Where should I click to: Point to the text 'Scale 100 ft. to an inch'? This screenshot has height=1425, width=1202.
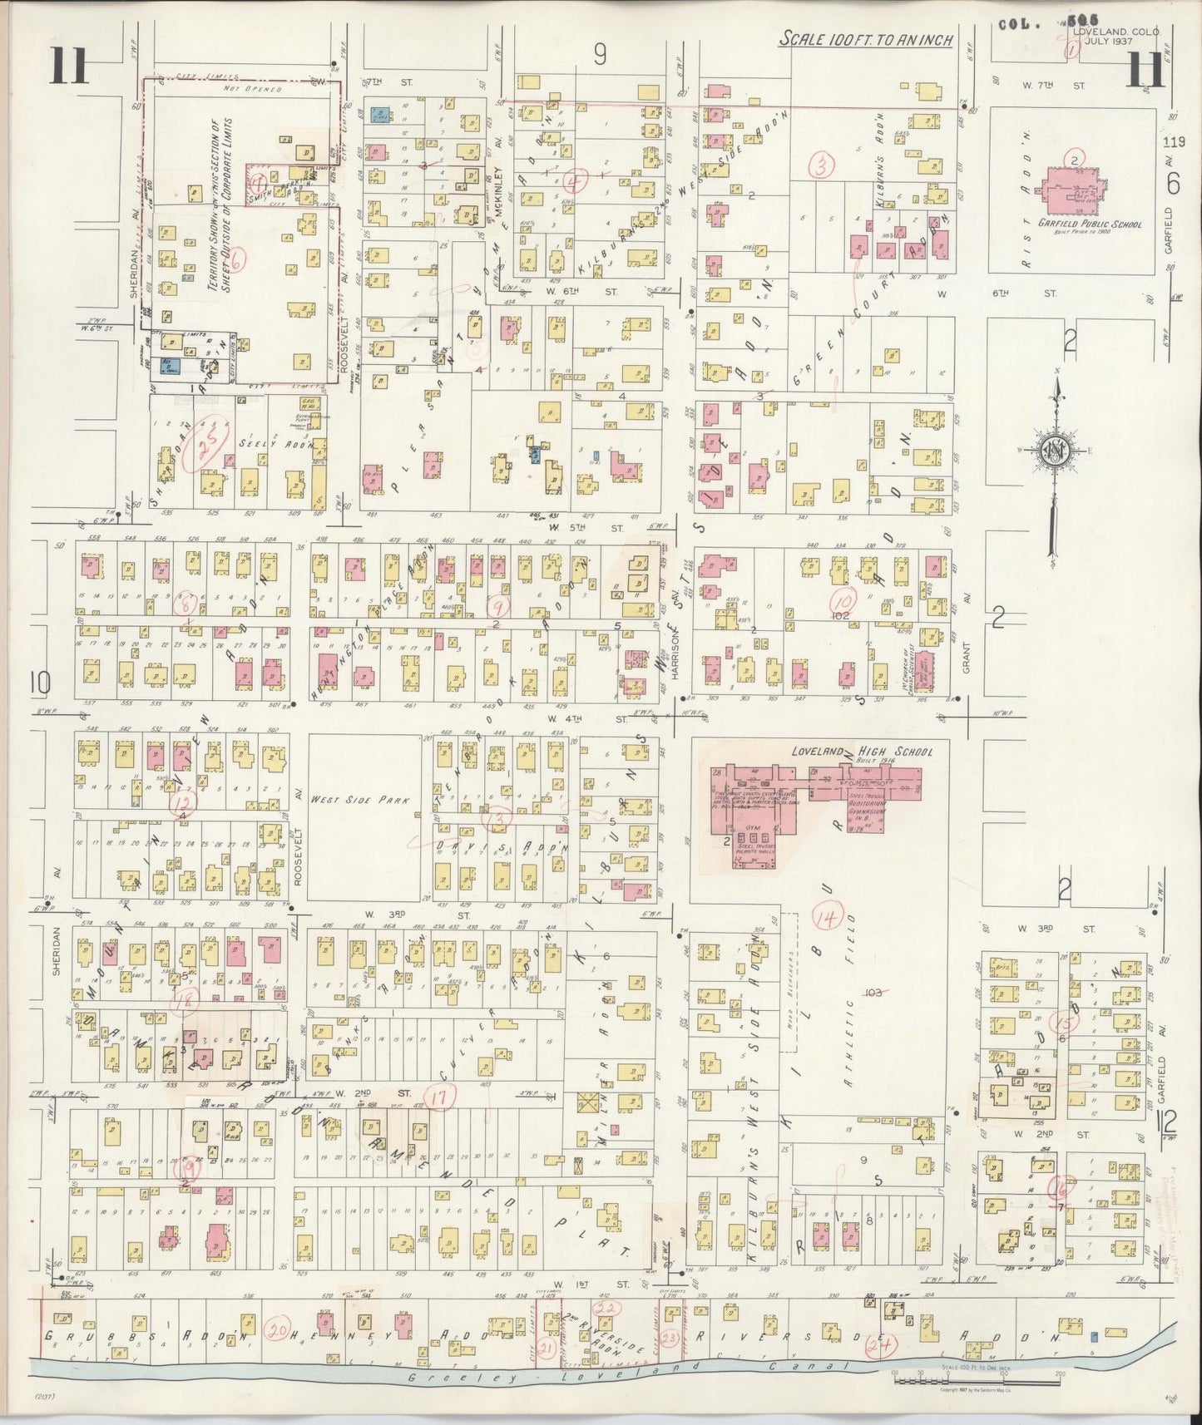pos(865,40)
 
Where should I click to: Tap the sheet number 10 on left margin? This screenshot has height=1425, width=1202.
pos(39,683)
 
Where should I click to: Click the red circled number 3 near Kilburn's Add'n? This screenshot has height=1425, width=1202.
pos(822,167)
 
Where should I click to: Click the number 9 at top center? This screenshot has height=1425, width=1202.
pos(600,55)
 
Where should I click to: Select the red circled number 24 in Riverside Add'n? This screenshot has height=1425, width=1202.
pos(875,1344)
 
